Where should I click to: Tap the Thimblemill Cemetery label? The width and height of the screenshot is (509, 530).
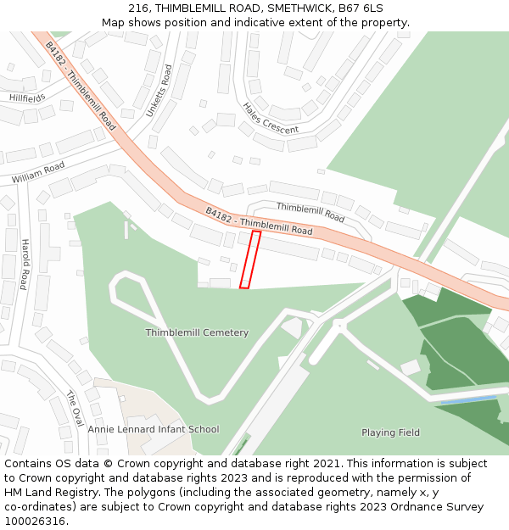(197, 332)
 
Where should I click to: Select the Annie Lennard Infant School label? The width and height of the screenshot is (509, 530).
(153, 429)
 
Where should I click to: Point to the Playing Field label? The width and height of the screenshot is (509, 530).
(390, 432)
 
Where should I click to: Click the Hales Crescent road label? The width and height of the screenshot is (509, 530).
(271, 119)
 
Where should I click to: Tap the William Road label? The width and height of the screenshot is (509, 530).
(37, 173)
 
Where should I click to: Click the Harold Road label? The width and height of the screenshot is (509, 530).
(25, 264)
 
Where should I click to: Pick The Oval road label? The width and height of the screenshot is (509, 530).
(76, 409)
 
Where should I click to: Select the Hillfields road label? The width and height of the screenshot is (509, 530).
(27, 98)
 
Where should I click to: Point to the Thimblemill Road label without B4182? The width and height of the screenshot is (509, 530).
(310, 212)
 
